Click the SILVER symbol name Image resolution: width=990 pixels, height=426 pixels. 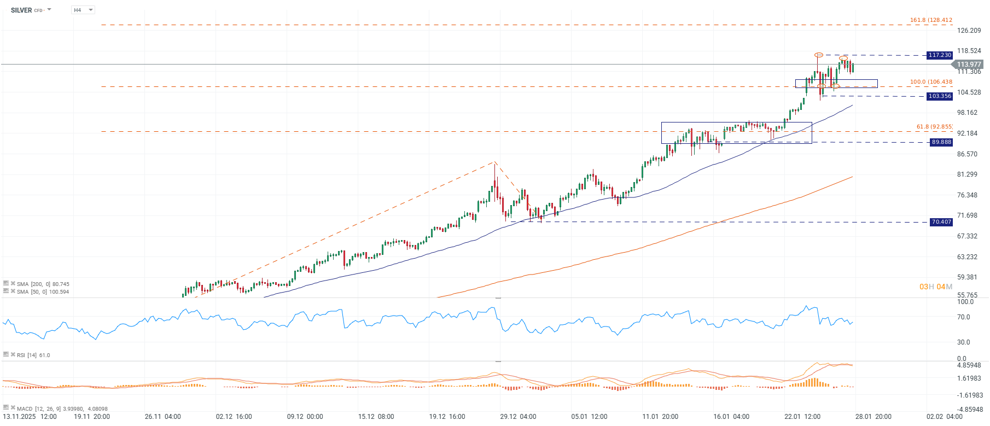[21, 10]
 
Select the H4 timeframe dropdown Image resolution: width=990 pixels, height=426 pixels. [83, 10]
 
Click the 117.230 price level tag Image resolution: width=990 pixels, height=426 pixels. [940, 55]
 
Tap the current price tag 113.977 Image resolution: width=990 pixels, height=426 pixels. [969, 65]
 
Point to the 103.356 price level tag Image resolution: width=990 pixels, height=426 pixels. [940, 96]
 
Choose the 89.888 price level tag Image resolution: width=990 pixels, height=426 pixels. [941, 142]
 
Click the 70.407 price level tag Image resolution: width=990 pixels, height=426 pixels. [941, 222]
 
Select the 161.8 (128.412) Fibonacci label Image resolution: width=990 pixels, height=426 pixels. [931, 20]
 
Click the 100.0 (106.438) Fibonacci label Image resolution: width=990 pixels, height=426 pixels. [931, 82]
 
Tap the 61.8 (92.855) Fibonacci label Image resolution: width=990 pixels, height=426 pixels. [934, 127]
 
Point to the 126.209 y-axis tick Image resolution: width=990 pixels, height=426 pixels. [969, 31]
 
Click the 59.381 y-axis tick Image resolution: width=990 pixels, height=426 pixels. [967, 277]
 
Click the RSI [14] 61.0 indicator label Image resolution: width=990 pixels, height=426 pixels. [33, 355]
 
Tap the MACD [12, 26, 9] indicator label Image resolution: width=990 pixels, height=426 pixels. [62, 409]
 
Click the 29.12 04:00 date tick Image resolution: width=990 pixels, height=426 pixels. [518, 417]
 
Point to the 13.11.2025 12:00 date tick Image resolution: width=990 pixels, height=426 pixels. [30, 417]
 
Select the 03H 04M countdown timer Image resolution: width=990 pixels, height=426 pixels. [935, 287]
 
